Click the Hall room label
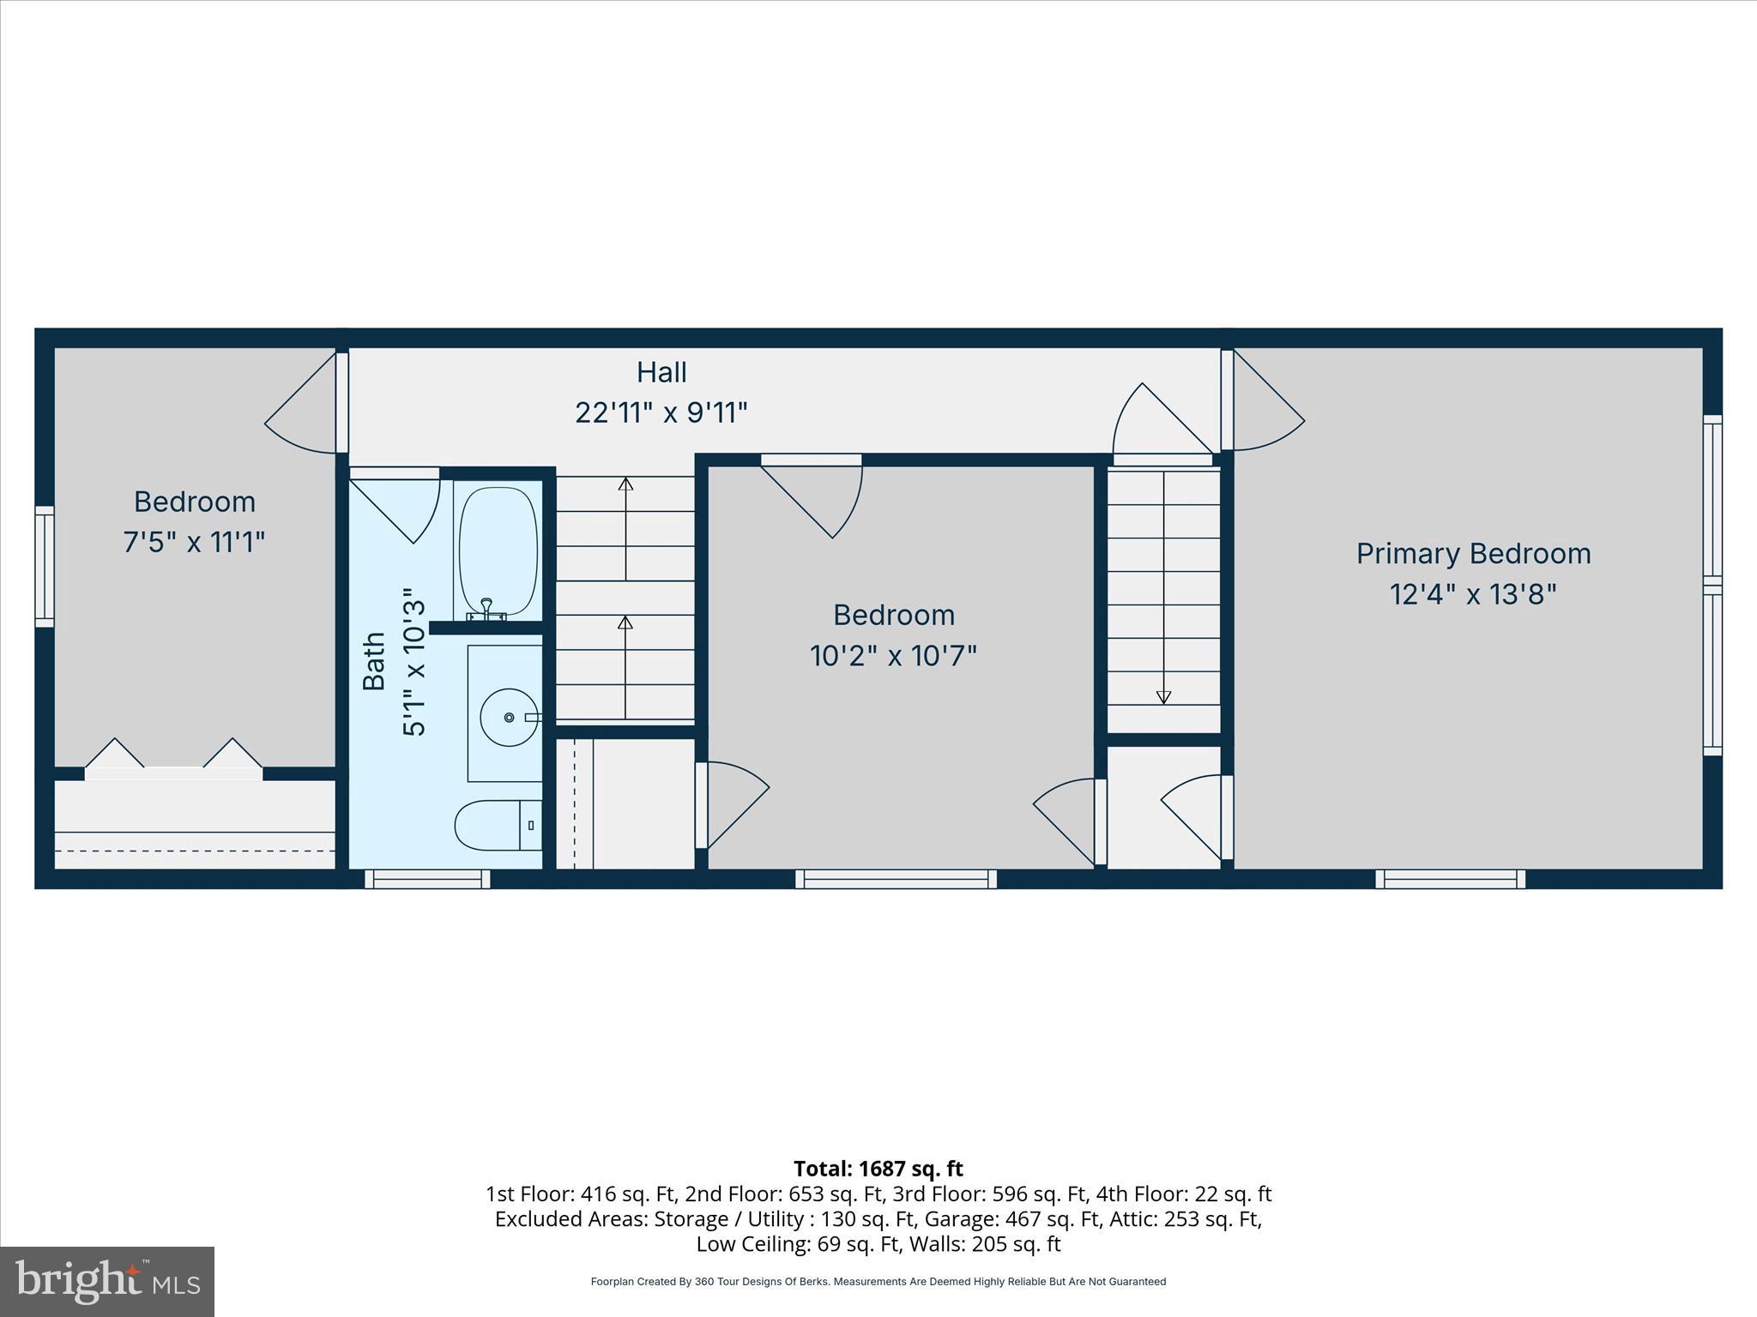(x=661, y=372)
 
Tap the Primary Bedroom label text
(x=1473, y=554)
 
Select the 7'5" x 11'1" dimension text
(x=195, y=543)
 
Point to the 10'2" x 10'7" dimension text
(x=893, y=657)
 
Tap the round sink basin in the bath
(x=509, y=717)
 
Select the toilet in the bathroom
(x=493, y=825)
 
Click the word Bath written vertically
(x=374, y=661)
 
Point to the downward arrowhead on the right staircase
(x=1163, y=697)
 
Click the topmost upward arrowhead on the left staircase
(x=625, y=484)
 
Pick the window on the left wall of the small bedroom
(x=45, y=566)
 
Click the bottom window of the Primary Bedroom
(x=1450, y=879)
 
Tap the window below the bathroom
(x=427, y=879)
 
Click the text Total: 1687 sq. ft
(x=878, y=1169)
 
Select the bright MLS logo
(x=107, y=1281)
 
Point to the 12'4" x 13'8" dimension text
(x=1473, y=594)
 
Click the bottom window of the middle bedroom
(x=896, y=879)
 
